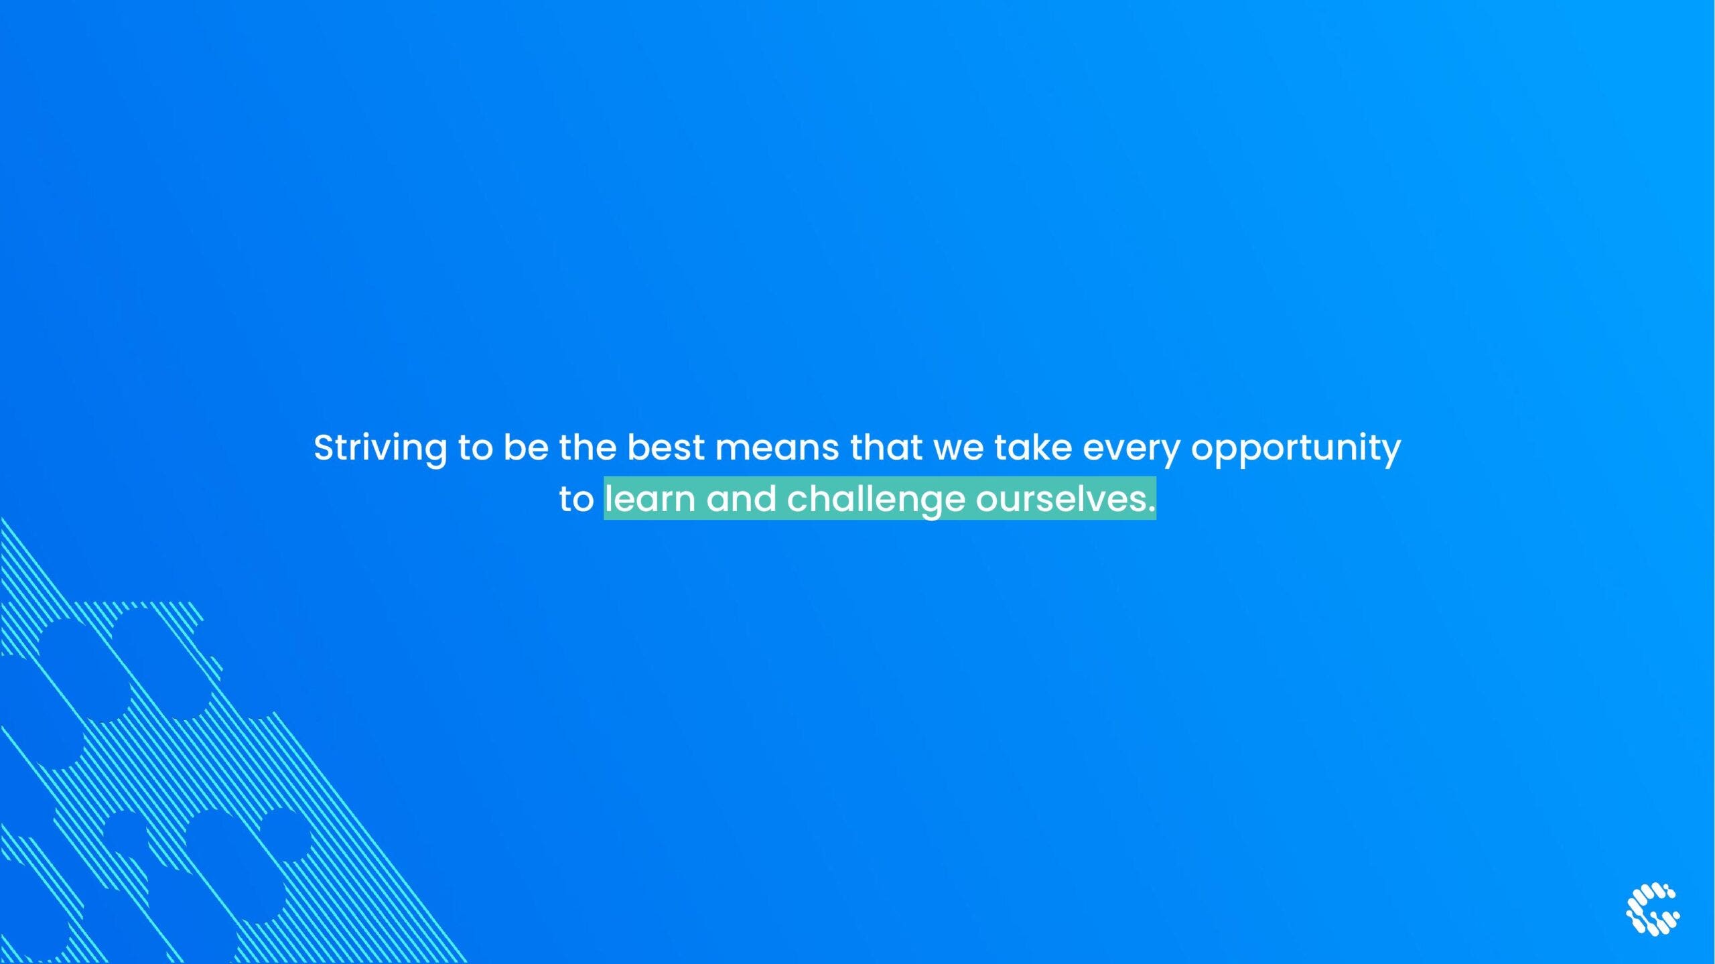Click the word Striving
pyautogui.click(x=381, y=448)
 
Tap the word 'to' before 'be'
pyautogui.click(x=475, y=447)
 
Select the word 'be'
pyautogui.click(x=526, y=447)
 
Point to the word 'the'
pyautogui.click(x=588, y=447)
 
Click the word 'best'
pyautogui.click(x=666, y=447)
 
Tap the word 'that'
pyautogui.click(x=886, y=447)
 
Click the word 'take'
pyautogui.click(x=1033, y=447)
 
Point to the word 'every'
pyautogui.click(x=1131, y=451)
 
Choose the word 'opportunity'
pyautogui.click(x=1296, y=450)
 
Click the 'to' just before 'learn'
pyautogui.click(x=576, y=500)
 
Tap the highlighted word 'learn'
pyautogui.click(x=650, y=498)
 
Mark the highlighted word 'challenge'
pyautogui.click(x=876, y=501)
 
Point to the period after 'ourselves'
pyautogui.click(x=1152, y=510)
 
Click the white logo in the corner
pyautogui.click(x=1653, y=909)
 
